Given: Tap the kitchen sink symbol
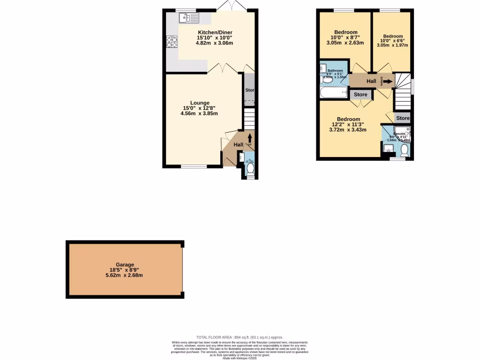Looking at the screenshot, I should [189, 18].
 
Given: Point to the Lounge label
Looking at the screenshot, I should [200, 103].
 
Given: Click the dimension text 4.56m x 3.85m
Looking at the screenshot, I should [200, 113].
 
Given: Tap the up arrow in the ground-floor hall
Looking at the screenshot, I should [249, 137].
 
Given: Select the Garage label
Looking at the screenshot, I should [125, 264].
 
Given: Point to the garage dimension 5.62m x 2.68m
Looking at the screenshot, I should [125, 275].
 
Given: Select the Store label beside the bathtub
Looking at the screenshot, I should [360, 95].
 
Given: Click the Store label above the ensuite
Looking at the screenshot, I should [403, 118].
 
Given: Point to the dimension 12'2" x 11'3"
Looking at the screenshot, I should [349, 125].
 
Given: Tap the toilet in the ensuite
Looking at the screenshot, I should [405, 150].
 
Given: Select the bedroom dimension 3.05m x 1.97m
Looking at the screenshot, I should [393, 45].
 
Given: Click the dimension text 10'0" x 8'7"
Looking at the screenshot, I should [345, 37].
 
